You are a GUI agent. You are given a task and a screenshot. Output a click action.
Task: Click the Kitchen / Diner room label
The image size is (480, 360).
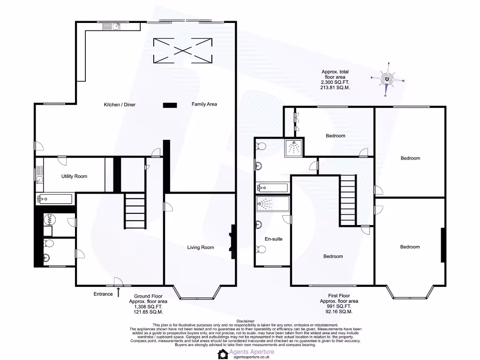click(120, 105)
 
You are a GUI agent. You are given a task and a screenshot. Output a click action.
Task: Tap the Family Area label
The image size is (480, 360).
click(204, 104)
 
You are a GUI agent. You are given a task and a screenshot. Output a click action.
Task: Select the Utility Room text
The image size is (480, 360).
click(74, 176)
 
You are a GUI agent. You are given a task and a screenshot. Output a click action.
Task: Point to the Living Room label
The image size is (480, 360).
click(201, 247)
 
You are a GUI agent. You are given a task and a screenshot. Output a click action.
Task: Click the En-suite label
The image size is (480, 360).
click(273, 239)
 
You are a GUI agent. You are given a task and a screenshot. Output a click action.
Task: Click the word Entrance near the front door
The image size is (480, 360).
click(103, 294)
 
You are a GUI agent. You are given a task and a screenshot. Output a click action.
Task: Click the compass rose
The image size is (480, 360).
click(387, 80)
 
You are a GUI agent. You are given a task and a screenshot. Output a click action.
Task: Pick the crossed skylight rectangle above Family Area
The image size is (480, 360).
click(182, 50)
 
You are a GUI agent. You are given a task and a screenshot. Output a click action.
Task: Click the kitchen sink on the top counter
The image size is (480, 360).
click(115, 27)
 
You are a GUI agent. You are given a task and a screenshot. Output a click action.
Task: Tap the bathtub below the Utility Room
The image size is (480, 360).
click(54, 199)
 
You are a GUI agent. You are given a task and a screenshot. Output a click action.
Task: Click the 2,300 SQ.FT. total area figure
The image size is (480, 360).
click(335, 82)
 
